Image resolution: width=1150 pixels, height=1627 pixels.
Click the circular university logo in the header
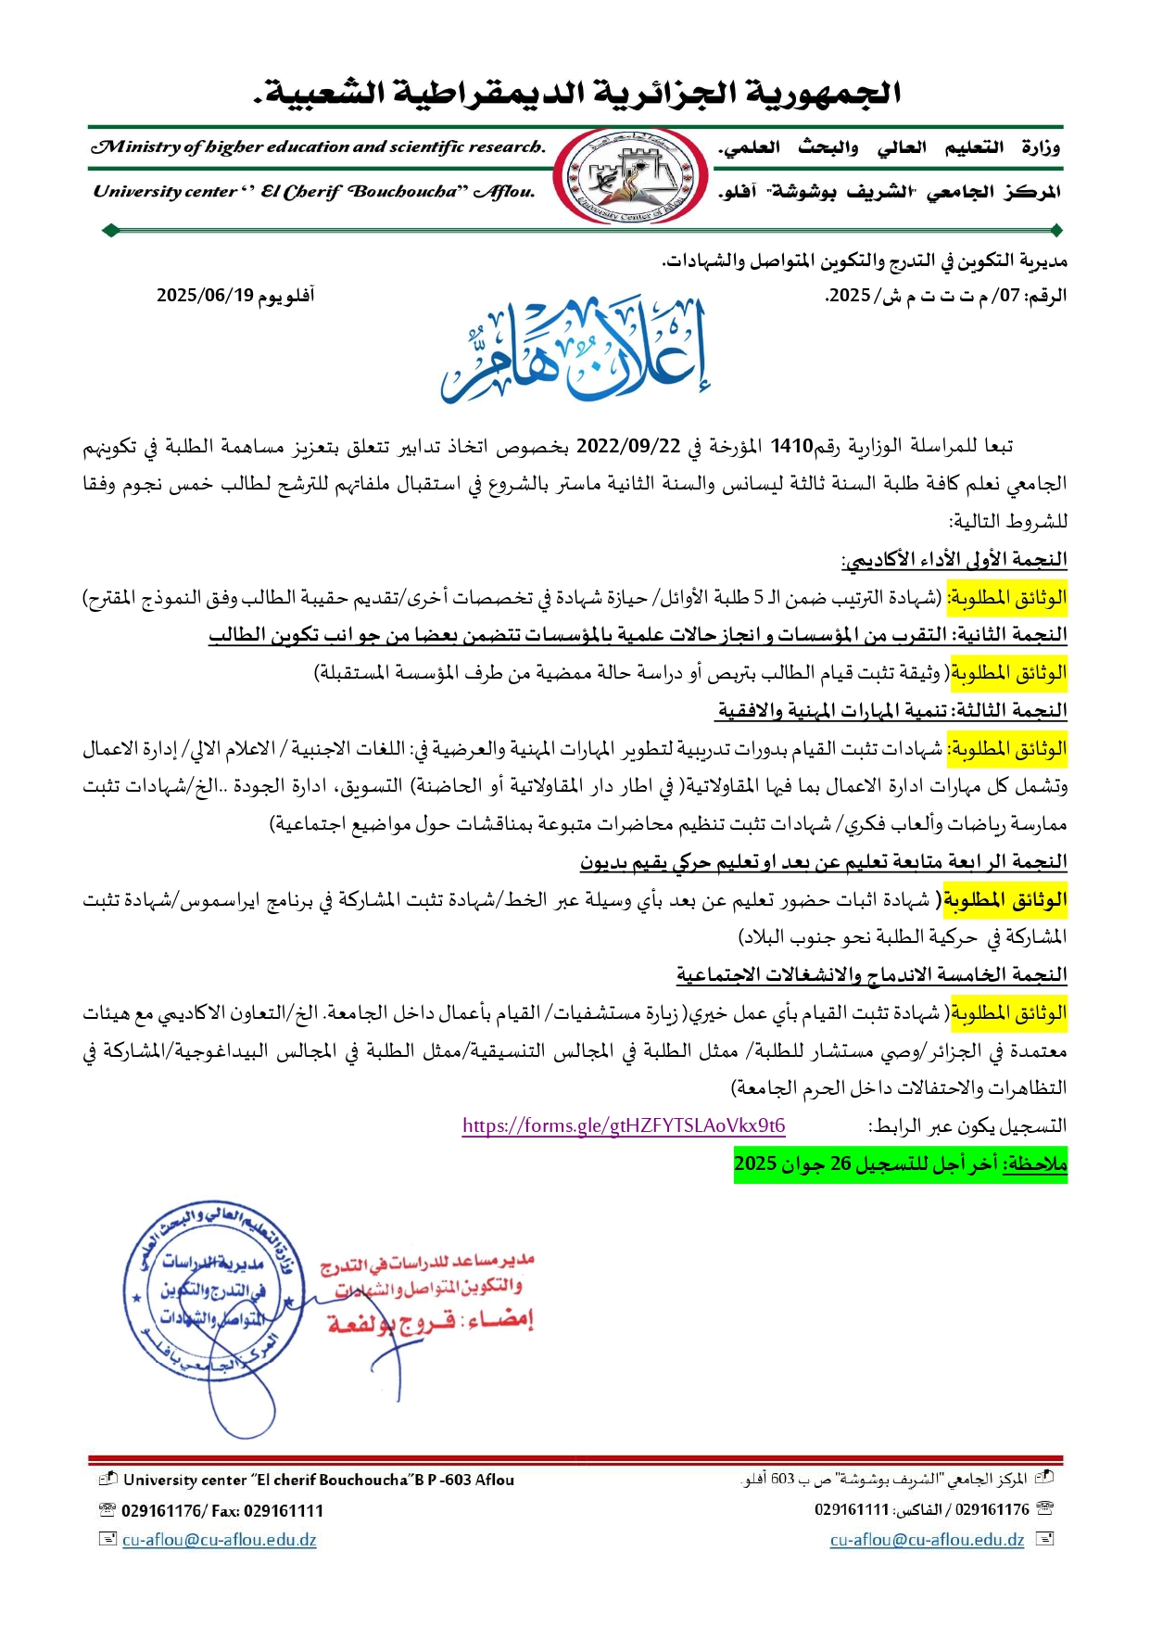(630, 176)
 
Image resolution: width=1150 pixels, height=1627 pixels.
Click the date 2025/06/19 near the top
(205, 296)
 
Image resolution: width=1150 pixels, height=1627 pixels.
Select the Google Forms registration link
(624, 1125)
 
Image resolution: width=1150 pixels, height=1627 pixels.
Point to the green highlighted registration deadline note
(900, 1163)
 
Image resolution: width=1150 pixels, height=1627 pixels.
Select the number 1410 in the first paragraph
(791, 446)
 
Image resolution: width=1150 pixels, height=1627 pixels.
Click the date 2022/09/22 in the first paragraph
(628, 446)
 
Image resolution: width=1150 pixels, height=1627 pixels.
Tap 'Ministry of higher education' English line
(317, 146)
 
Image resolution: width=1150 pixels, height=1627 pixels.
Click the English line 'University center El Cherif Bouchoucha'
(314, 192)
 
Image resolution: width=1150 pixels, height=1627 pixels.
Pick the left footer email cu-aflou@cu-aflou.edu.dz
(219, 1540)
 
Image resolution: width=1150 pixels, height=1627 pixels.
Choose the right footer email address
(927, 1540)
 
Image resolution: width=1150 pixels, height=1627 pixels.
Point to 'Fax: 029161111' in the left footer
(268, 1511)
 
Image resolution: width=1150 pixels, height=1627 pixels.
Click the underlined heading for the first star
(954, 560)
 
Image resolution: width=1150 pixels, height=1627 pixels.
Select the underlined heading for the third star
(891, 711)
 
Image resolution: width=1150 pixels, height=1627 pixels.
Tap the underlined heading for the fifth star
(871, 975)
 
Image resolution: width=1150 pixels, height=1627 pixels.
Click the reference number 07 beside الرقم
(1008, 296)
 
